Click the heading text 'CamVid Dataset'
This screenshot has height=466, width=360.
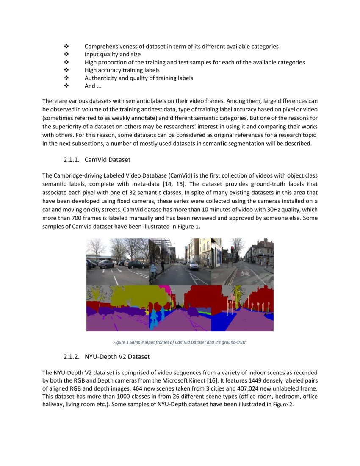[108, 160]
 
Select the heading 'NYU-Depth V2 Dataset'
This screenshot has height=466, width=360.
[117, 357]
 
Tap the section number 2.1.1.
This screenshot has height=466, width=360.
[72, 160]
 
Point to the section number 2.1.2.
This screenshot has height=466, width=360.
[72, 357]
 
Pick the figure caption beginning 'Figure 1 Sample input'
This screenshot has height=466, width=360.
[180, 342]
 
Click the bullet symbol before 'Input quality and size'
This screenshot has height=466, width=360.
[66, 55]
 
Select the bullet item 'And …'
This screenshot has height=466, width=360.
[90, 86]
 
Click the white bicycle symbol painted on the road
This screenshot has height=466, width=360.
[245, 274]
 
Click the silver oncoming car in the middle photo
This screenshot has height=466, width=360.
[193, 266]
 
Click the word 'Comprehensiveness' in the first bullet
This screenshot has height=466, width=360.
[110, 47]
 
